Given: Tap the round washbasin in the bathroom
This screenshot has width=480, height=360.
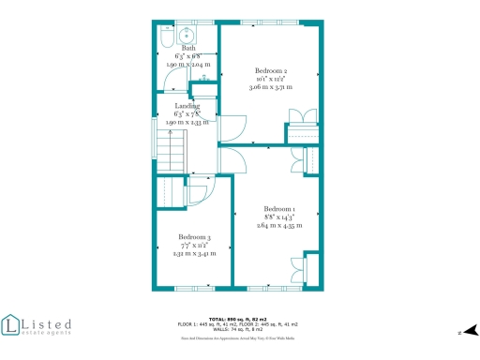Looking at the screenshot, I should click(x=186, y=37).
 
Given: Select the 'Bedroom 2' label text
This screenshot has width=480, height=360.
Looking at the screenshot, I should click(x=271, y=70).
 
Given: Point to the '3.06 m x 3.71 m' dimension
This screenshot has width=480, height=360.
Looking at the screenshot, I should click(x=271, y=87).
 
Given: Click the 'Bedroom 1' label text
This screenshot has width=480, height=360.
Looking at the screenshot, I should click(x=279, y=208).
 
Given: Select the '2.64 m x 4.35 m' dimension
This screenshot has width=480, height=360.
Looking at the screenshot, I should click(x=279, y=225).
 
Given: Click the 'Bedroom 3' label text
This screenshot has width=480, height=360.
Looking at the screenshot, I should click(x=195, y=236).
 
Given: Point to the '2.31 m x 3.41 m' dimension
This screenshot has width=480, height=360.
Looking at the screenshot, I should click(x=195, y=253).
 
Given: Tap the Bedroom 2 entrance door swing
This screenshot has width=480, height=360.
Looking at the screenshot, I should click(x=232, y=128).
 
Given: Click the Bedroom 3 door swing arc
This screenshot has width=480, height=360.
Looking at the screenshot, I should click(x=197, y=194).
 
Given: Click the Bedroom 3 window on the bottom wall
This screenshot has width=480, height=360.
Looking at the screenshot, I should click(x=193, y=288).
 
